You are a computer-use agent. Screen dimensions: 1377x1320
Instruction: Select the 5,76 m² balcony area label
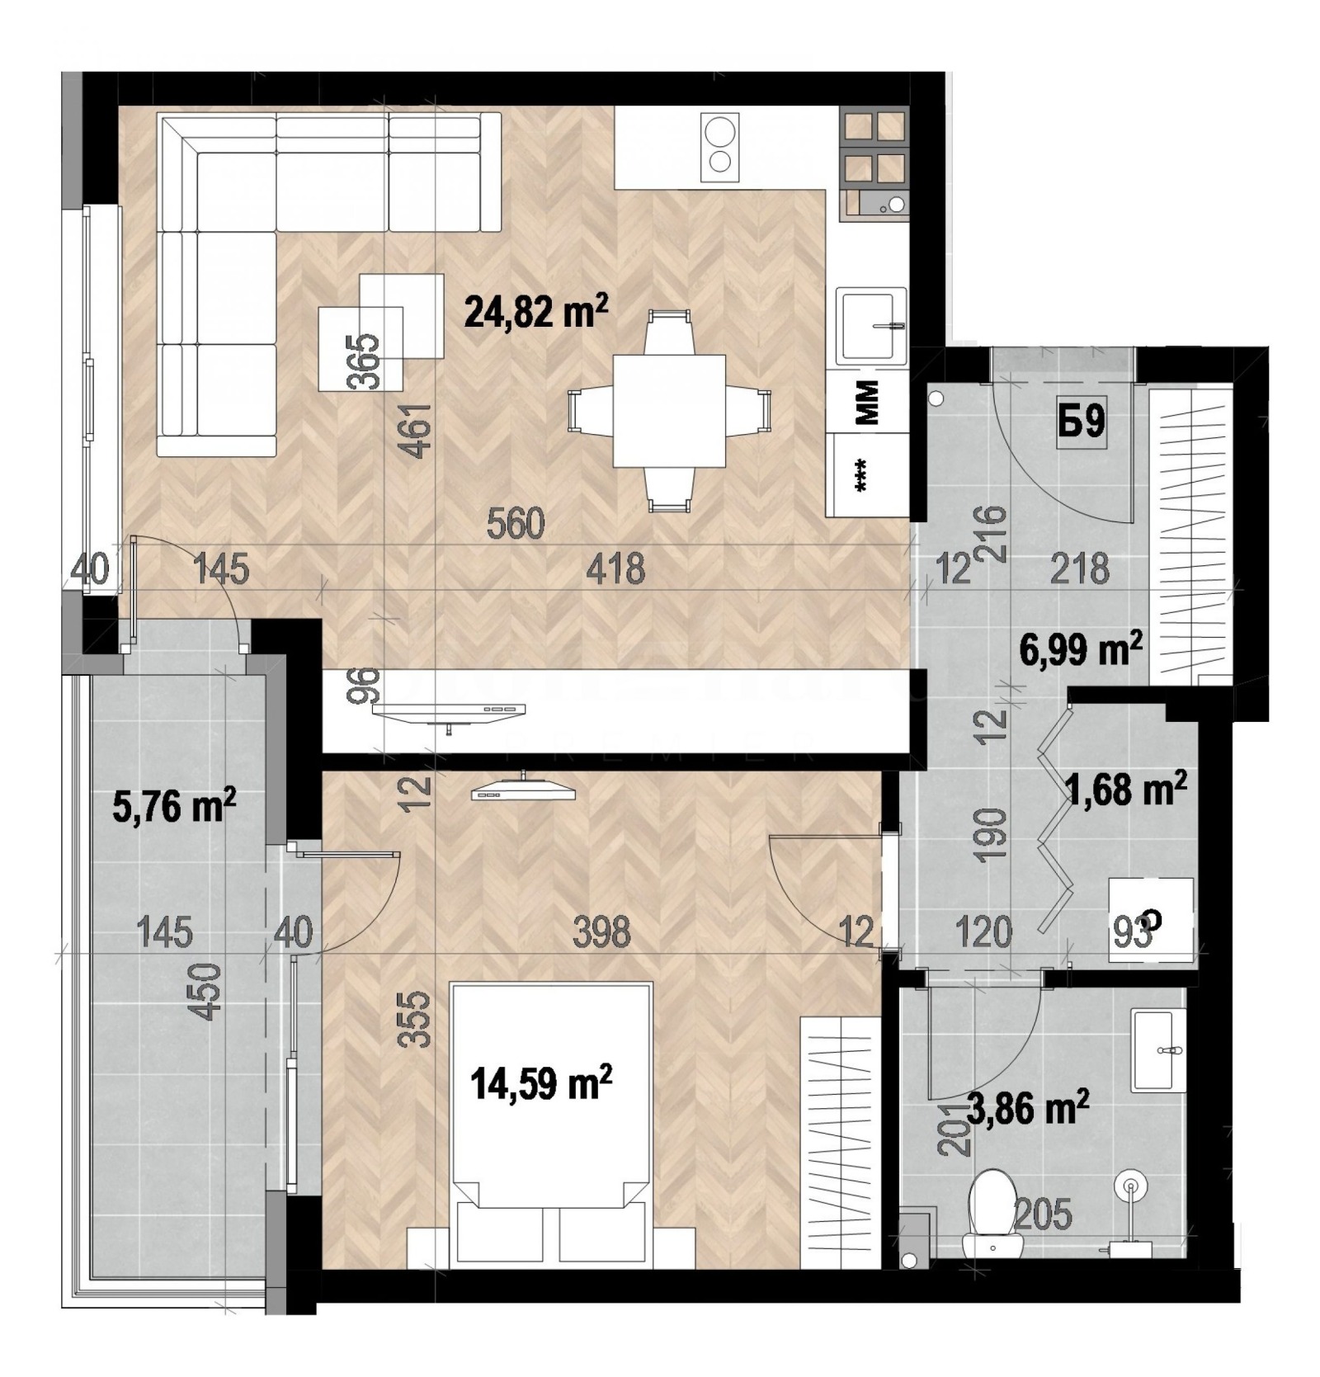coord(173,806)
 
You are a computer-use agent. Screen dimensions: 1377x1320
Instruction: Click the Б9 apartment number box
coord(1082,423)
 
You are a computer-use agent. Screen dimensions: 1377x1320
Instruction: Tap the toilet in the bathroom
coord(992,1211)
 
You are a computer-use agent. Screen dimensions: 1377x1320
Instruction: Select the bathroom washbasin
coord(1159,1050)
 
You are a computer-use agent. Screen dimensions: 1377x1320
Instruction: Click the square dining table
coord(668,410)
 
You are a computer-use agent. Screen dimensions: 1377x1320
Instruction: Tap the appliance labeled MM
coord(867,402)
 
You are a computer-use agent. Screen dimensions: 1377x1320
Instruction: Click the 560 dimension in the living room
coord(516,524)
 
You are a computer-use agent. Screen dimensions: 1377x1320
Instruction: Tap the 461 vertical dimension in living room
coord(419,430)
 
